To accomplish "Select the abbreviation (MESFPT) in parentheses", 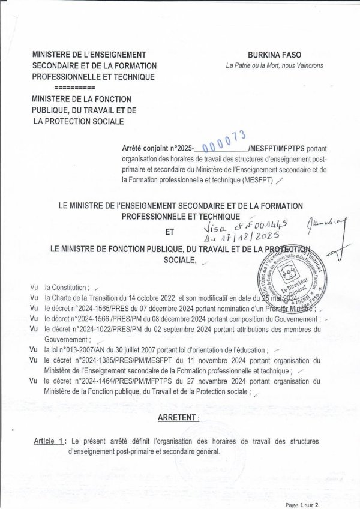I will pos(258,179).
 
